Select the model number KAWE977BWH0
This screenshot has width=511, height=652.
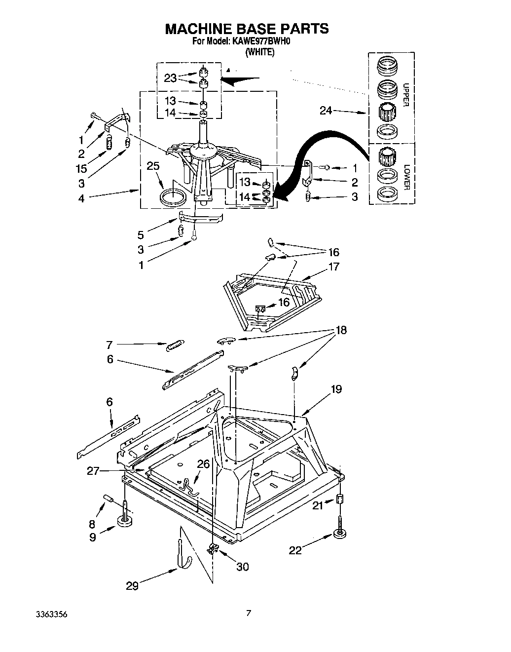click(x=261, y=42)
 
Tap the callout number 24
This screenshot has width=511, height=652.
click(x=326, y=111)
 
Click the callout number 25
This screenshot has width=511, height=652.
click(x=153, y=166)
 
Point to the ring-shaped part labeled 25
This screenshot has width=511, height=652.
click(x=175, y=196)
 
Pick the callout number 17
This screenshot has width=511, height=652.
click(x=334, y=267)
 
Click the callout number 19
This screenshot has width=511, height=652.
click(x=336, y=389)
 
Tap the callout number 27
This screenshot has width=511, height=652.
click(x=93, y=471)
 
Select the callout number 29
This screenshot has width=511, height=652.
click(x=132, y=586)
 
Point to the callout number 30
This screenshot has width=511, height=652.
click(x=242, y=567)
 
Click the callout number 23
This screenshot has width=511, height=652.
click(x=170, y=78)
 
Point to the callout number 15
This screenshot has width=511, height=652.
click(x=81, y=168)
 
